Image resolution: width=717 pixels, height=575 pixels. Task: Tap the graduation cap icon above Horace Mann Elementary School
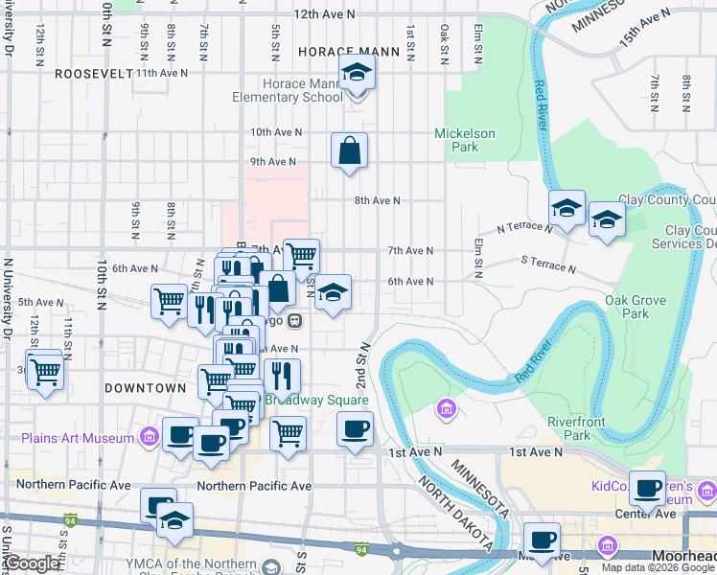[358, 73]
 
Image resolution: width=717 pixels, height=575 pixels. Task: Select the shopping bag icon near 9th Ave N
[350, 150]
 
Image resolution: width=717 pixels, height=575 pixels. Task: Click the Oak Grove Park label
[628, 307]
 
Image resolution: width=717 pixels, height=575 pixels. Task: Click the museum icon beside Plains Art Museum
[149, 439]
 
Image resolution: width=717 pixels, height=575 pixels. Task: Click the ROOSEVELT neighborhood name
[93, 73]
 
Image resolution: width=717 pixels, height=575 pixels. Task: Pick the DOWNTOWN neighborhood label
[145, 388]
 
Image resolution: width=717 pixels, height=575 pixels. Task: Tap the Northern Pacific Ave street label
[254, 486]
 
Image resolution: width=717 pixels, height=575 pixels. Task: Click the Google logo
[31, 563]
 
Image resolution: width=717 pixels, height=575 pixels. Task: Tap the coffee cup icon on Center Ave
[648, 489]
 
